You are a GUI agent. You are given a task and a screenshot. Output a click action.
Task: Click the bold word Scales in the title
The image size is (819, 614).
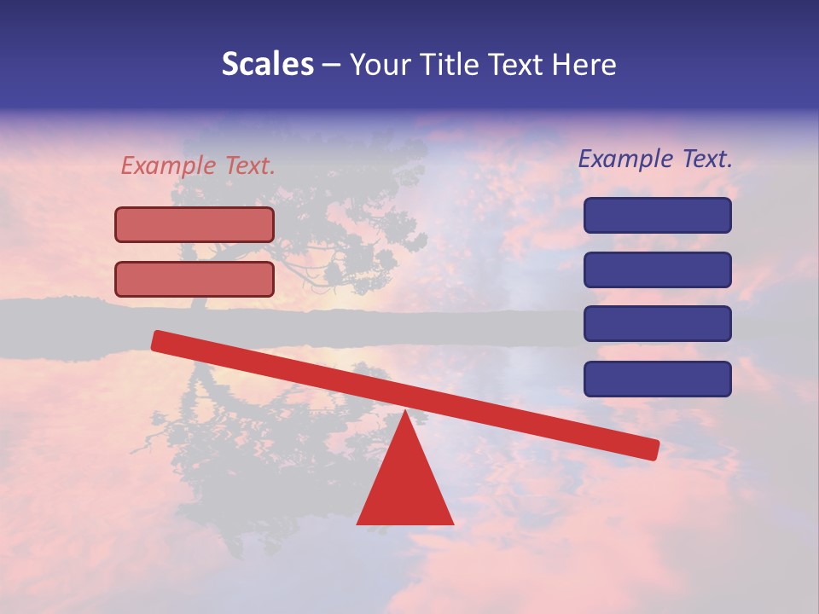pyautogui.click(x=267, y=65)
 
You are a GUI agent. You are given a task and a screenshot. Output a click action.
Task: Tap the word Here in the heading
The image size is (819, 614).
pyautogui.click(x=584, y=65)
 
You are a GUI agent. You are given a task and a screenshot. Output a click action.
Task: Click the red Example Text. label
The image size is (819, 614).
pyautogui.click(x=198, y=166)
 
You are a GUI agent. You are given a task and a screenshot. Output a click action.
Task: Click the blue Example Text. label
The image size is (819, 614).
pyautogui.click(x=655, y=159)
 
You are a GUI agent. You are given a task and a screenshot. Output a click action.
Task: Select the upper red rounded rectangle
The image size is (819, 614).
pyautogui.click(x=195, y=224)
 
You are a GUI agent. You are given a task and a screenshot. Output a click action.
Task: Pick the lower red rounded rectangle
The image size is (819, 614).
pyautogui.click(x=195, y=279)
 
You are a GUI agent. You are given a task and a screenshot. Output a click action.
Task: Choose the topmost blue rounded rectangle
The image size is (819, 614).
pyautogui.click(x=657, y=215)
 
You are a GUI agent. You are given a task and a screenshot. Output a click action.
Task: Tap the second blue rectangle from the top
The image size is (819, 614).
pyautogui.click(x=657, y=269)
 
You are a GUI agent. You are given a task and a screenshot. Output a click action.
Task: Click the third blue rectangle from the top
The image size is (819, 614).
pyautogui.click(x=657, y=324)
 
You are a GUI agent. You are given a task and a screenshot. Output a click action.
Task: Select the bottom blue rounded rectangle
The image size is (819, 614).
pyautogui.click(x=657, y=379)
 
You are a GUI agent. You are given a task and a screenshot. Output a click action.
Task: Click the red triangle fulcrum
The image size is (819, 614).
pyautogui.click(x=405, y=486)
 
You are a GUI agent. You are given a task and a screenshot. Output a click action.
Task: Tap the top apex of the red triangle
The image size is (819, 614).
pyautogui.click(x=405, y=413)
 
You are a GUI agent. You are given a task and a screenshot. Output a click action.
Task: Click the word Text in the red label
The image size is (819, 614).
pyautogui.click(x=250, y=166)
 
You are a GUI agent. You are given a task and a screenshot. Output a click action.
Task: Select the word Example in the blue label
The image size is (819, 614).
pyautogui.click(x=624, y=159)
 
